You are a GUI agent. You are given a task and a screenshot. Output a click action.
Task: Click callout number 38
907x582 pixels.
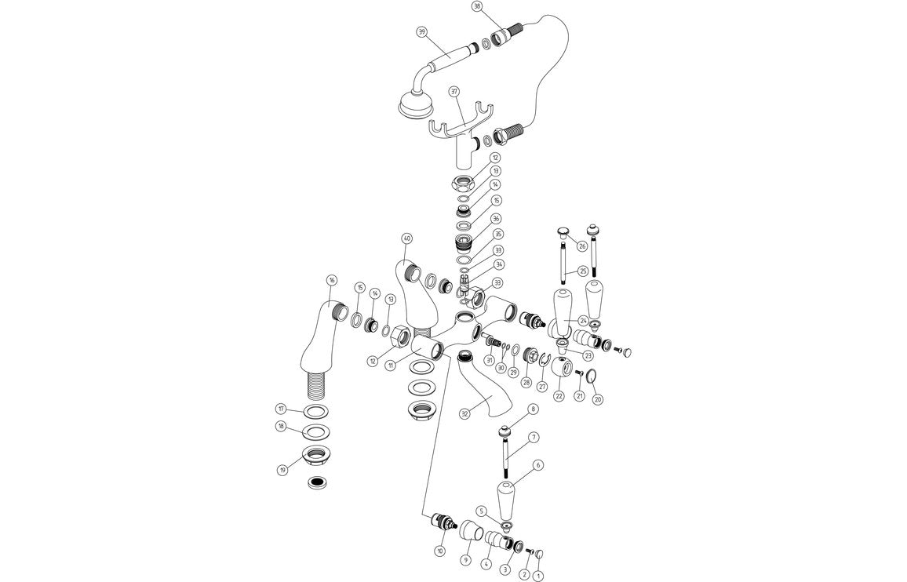point(477,6)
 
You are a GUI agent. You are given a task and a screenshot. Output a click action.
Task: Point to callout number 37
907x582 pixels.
point(454,91)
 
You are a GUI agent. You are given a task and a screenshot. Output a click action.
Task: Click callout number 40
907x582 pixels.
point(406,238)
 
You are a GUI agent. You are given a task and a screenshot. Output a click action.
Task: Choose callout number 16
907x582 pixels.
point(332,280)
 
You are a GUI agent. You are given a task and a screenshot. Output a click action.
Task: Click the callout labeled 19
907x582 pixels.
point(282,470)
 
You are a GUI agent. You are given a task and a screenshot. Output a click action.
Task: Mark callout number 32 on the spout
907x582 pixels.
point(464,413)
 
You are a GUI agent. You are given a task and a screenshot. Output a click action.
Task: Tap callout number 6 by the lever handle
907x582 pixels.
point(537,465)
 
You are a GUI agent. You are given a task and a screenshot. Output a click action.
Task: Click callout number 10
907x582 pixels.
point(439,551)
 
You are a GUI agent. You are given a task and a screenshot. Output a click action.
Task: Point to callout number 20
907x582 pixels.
point(597,399)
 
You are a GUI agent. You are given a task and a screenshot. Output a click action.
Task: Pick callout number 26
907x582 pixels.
point(582,246)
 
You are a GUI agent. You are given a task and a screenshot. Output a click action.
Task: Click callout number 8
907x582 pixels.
point(533,409)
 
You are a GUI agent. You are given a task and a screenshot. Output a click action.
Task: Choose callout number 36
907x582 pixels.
point(496,219)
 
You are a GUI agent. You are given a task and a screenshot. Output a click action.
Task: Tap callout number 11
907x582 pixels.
point(389,366)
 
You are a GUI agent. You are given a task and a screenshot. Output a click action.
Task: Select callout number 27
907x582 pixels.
point(541,385)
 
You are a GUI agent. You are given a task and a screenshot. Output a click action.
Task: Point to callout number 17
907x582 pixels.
point(281,409)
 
